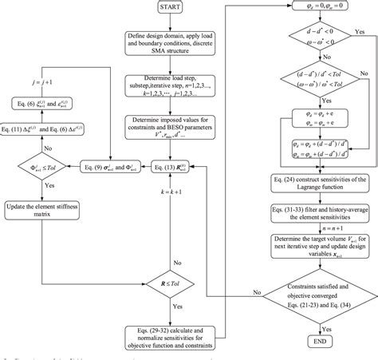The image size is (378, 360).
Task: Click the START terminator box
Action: tap(167, 12)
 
